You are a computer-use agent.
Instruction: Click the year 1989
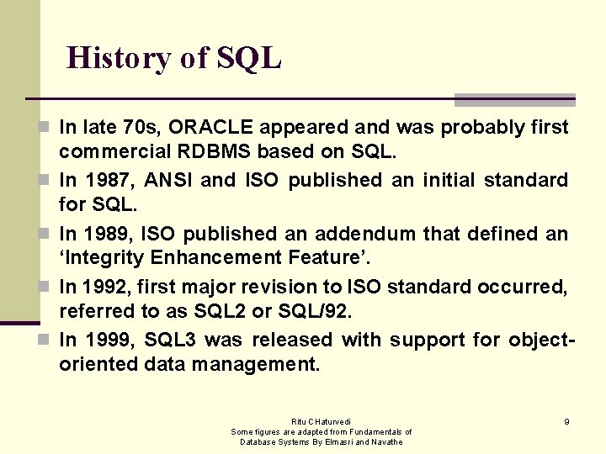[x=107, y=233]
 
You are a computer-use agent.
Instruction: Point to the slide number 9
[x=566, y=421]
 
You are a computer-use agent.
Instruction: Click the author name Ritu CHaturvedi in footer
[x=321, y=421]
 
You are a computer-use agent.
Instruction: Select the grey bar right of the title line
[x=514, y=100]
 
